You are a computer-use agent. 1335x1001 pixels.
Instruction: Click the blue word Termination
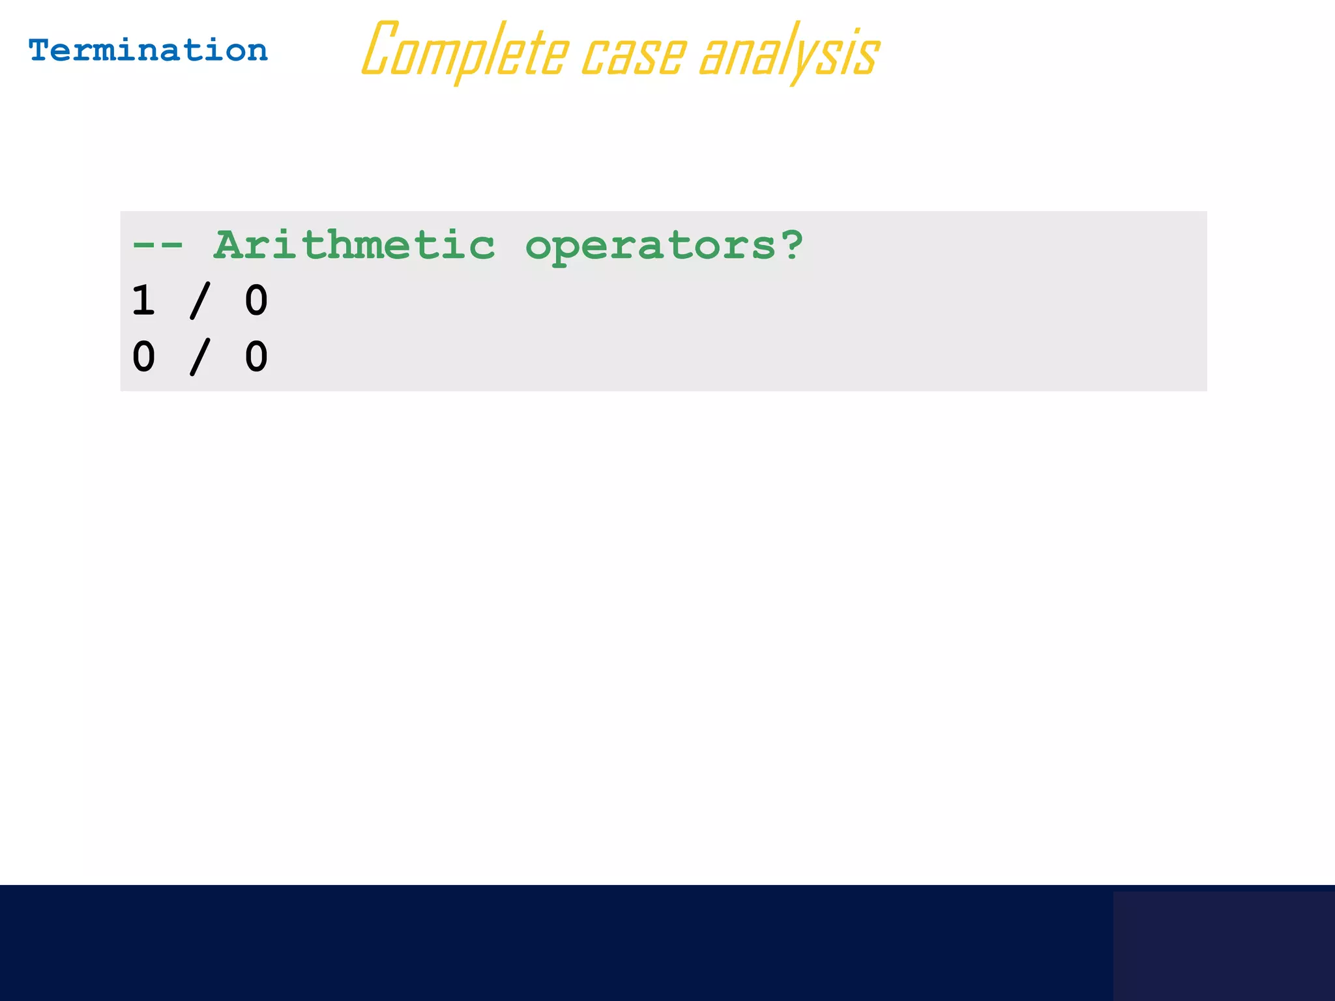click(148, 51)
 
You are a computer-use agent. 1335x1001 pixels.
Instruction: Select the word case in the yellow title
click(633, 54)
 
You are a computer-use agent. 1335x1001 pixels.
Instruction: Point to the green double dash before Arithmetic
click(157, 246)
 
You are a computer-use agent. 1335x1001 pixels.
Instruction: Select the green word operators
click(651, 247)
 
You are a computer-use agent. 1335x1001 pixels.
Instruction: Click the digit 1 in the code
click(143, 300)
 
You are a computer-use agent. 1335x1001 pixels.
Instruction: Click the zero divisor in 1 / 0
click(256, 300)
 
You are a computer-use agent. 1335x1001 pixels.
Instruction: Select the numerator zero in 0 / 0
click(143, 356)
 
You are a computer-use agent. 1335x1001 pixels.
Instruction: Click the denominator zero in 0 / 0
click(256, 356)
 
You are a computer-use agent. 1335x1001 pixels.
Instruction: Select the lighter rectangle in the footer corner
click(1224, 946)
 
